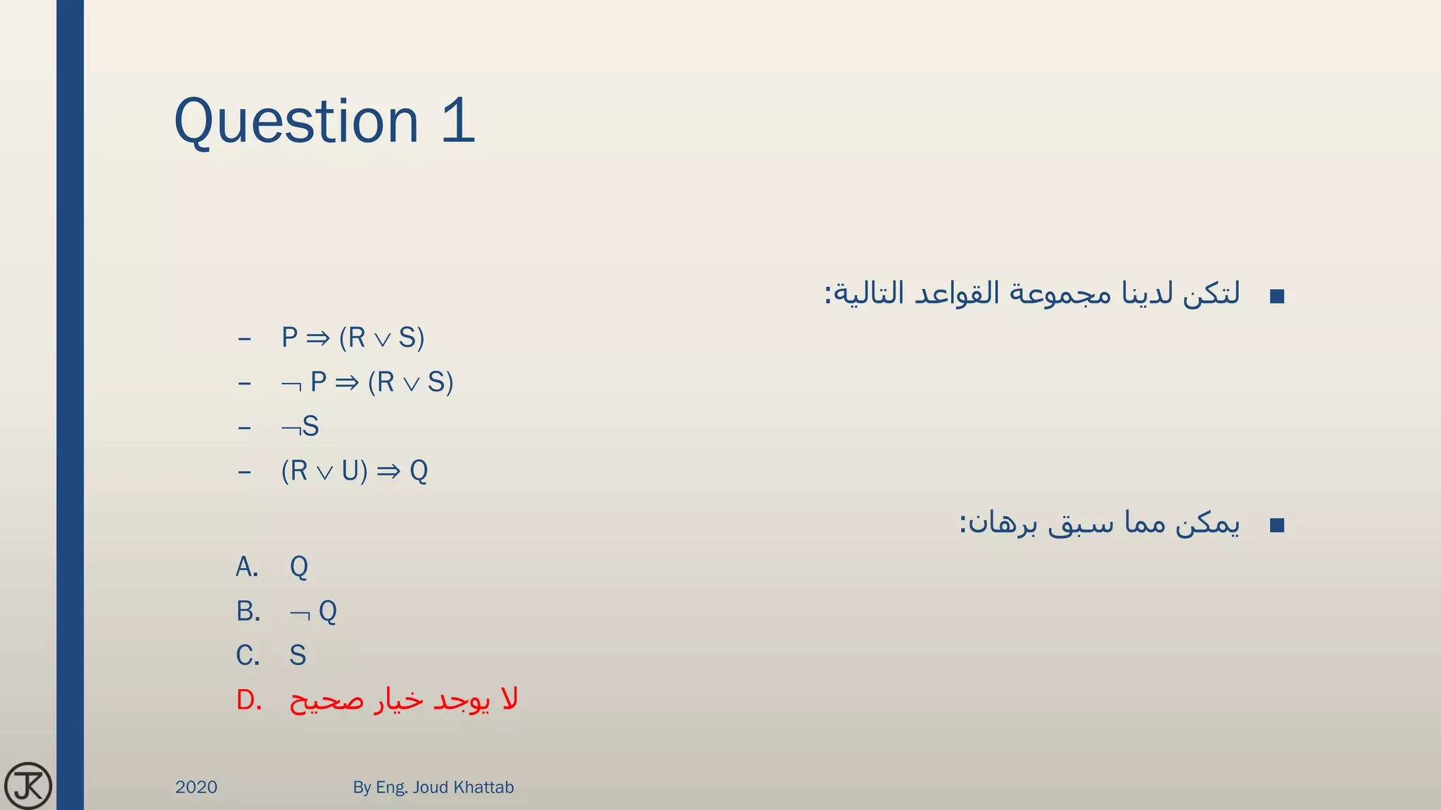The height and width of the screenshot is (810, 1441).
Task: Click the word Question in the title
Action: (296, 122)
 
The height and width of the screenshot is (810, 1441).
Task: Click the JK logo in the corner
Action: (27, 785)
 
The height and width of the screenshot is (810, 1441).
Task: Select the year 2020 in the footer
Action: (196, 787)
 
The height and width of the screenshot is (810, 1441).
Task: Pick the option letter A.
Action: (247, 567)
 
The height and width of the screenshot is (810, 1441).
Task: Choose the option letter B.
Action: (248, 611)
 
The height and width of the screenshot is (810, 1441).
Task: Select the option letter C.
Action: (248, 655)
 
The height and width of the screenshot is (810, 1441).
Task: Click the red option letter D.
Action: (248, 700)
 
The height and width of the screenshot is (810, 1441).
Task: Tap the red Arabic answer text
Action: (404, 700)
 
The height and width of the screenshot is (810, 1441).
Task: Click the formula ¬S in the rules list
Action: (300, 427)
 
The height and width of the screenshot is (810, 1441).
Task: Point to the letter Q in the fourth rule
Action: (419, 471)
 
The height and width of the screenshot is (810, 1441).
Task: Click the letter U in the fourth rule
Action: (350, 471)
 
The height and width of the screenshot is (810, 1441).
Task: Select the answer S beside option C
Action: (298, 655)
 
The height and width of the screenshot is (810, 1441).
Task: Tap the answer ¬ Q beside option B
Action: (314, 612)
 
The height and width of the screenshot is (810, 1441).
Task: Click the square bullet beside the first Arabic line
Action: (1277, 296)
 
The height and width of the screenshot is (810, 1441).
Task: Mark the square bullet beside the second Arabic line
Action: (1277, 525)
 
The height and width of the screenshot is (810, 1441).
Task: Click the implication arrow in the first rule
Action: (318, 339)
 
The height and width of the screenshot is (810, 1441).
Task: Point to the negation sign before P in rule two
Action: (291, 385)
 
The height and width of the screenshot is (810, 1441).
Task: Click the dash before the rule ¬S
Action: (244, 427)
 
